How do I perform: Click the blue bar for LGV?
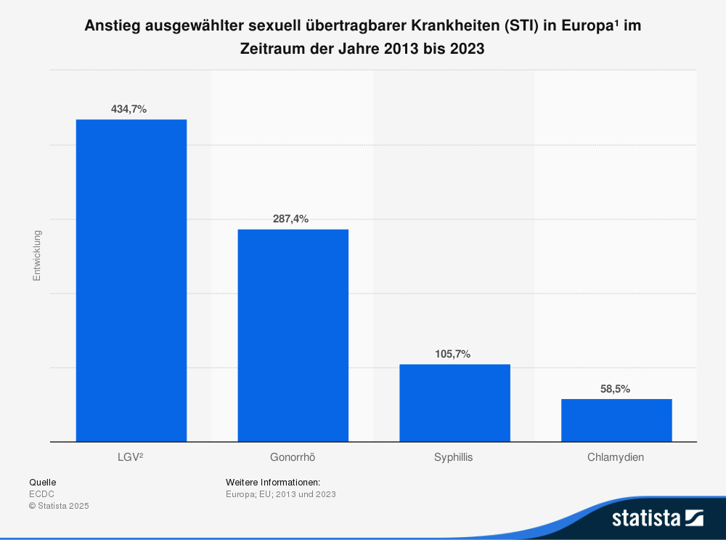131,280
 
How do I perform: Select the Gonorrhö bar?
293,335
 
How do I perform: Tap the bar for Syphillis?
454,403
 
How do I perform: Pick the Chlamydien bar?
616,420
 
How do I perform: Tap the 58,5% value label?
615,389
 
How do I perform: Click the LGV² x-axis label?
131,458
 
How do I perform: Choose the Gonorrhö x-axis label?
293,458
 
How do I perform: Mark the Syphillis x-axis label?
454,458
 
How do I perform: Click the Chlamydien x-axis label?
616,458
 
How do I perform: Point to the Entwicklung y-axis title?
37,256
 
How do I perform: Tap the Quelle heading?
42,482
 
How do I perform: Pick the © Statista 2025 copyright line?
59,506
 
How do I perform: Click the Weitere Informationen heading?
273,482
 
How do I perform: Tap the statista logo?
657,517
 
